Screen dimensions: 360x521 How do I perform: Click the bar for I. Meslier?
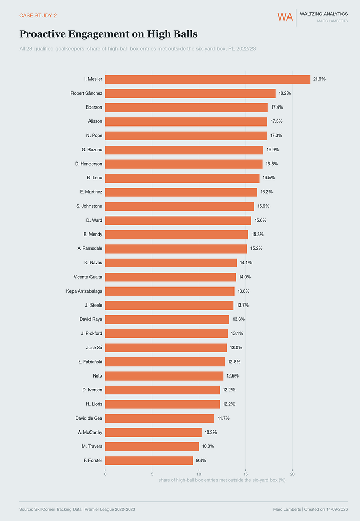[208, 79]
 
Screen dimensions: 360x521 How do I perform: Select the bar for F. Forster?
[149, 460]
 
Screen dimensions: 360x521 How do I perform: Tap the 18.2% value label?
[284, 93]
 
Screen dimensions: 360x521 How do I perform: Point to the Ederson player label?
[94, 107]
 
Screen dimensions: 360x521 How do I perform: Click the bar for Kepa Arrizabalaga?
[170, 291]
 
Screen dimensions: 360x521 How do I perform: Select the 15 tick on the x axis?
[245, 474]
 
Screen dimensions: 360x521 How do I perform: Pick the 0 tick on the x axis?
[105, 474]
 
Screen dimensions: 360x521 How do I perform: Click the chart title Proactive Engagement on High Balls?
[109, 34]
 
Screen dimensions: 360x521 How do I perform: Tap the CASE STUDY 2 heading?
[38, 15]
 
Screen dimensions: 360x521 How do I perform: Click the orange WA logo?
[285, 17]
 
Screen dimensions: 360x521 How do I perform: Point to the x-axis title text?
[222, 480]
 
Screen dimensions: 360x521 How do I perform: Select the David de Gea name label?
[88, 418]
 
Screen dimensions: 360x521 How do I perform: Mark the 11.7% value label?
[224, 418]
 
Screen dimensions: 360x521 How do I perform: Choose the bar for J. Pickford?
[167, 334]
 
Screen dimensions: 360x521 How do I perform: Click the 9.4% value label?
[201, 460]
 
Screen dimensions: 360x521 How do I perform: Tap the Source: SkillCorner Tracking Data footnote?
[77, 509]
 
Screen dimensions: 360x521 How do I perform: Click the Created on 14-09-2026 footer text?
[326, 509]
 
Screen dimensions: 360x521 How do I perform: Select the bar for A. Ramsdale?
[176, 249]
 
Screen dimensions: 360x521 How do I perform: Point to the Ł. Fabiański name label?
[91, 362]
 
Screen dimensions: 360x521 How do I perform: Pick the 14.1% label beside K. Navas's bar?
[246, 262]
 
